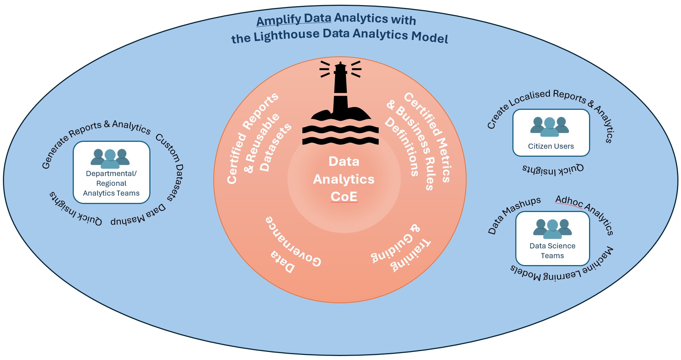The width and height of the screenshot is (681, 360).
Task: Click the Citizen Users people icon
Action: click(x=549, y=127)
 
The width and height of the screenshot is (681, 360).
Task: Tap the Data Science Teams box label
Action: click(x=552, y=251)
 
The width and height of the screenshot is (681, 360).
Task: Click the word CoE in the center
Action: click(x=344, y=197)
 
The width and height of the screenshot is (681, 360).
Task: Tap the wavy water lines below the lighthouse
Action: click(x=340, y=135)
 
